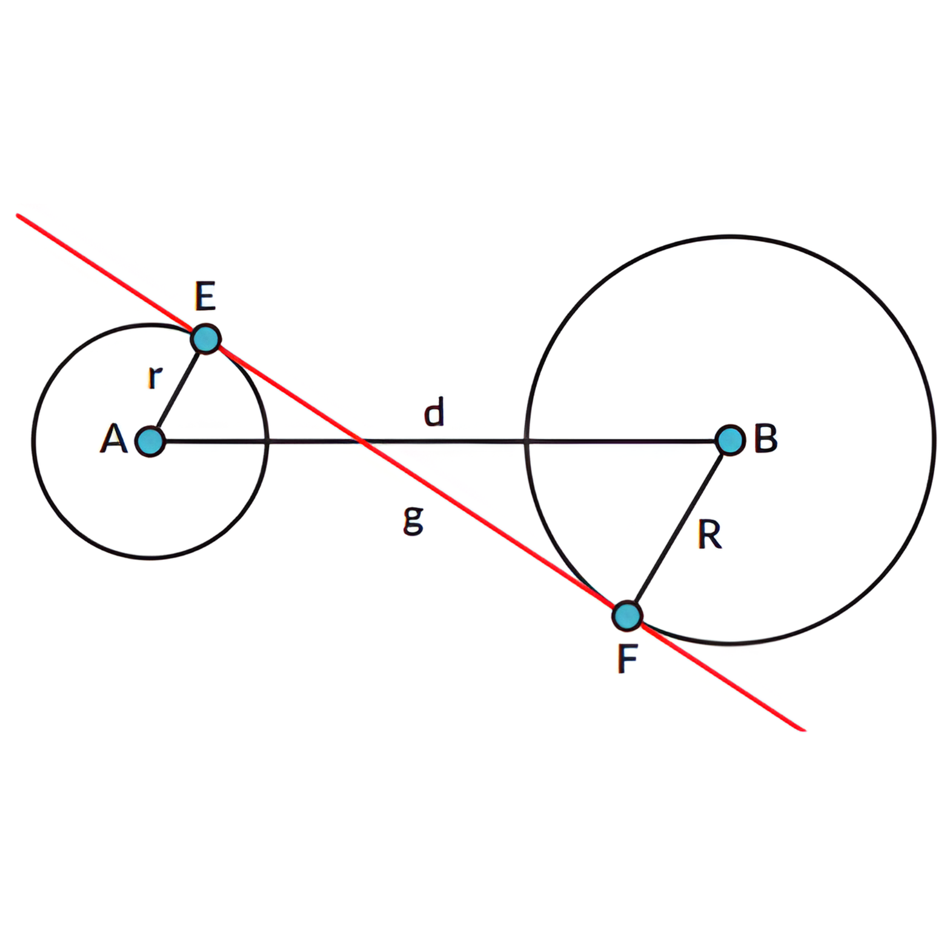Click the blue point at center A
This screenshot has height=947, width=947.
[x=150, y=441]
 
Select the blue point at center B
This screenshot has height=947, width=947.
[x=730, y=440]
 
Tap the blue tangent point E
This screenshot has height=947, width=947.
[x=206, y=339]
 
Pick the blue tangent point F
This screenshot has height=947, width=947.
[x=627, y=616]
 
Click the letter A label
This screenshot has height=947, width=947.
[x=113, y=439]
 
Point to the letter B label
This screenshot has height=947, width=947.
[x=766, y=438]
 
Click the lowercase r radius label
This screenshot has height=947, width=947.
[x=155, y=377]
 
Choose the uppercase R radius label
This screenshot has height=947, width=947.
[x=709, y=535]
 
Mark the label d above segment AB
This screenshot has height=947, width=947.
[x=434, y=412]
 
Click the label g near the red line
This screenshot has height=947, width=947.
[x=413, y=520]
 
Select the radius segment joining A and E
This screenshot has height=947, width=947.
[x=178, y=390]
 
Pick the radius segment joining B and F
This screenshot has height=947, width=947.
[x=679, y=528]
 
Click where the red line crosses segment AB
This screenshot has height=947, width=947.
[x=362, y=442]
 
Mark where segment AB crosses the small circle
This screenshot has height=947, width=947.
[x=267, y=442]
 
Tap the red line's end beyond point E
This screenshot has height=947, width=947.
[x=18, y=215]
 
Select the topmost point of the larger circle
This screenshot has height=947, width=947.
[x=730, y=236]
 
